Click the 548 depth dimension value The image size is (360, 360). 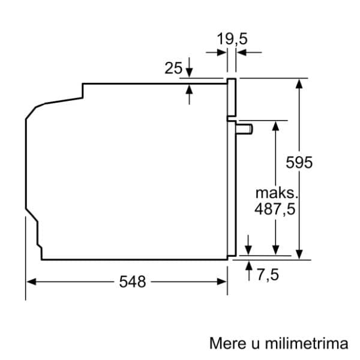tap(133, 281)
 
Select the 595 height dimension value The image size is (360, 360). tap(299, 162)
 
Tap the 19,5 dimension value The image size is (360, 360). tap(232, 40)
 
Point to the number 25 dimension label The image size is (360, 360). tap(173, 68)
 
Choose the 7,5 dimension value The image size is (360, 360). tap(268, 275)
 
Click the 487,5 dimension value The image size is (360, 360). tap(275, 210)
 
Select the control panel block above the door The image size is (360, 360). tap(232, 97)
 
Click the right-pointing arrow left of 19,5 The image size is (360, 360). tap(222, 53)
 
